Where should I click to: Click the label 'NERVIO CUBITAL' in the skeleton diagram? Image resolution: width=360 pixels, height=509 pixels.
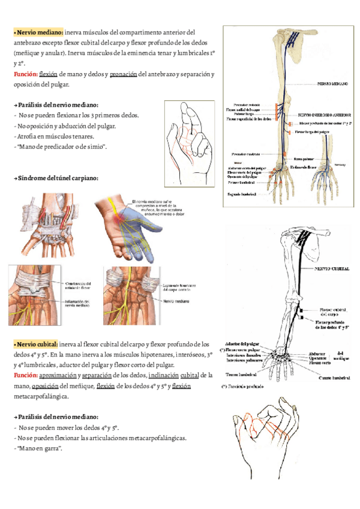click(x=333, y=269)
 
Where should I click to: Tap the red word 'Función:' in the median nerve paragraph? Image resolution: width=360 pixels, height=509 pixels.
click(x=25, y=74)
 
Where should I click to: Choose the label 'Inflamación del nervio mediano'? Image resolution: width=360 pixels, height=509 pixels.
click(x=78, y=304)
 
